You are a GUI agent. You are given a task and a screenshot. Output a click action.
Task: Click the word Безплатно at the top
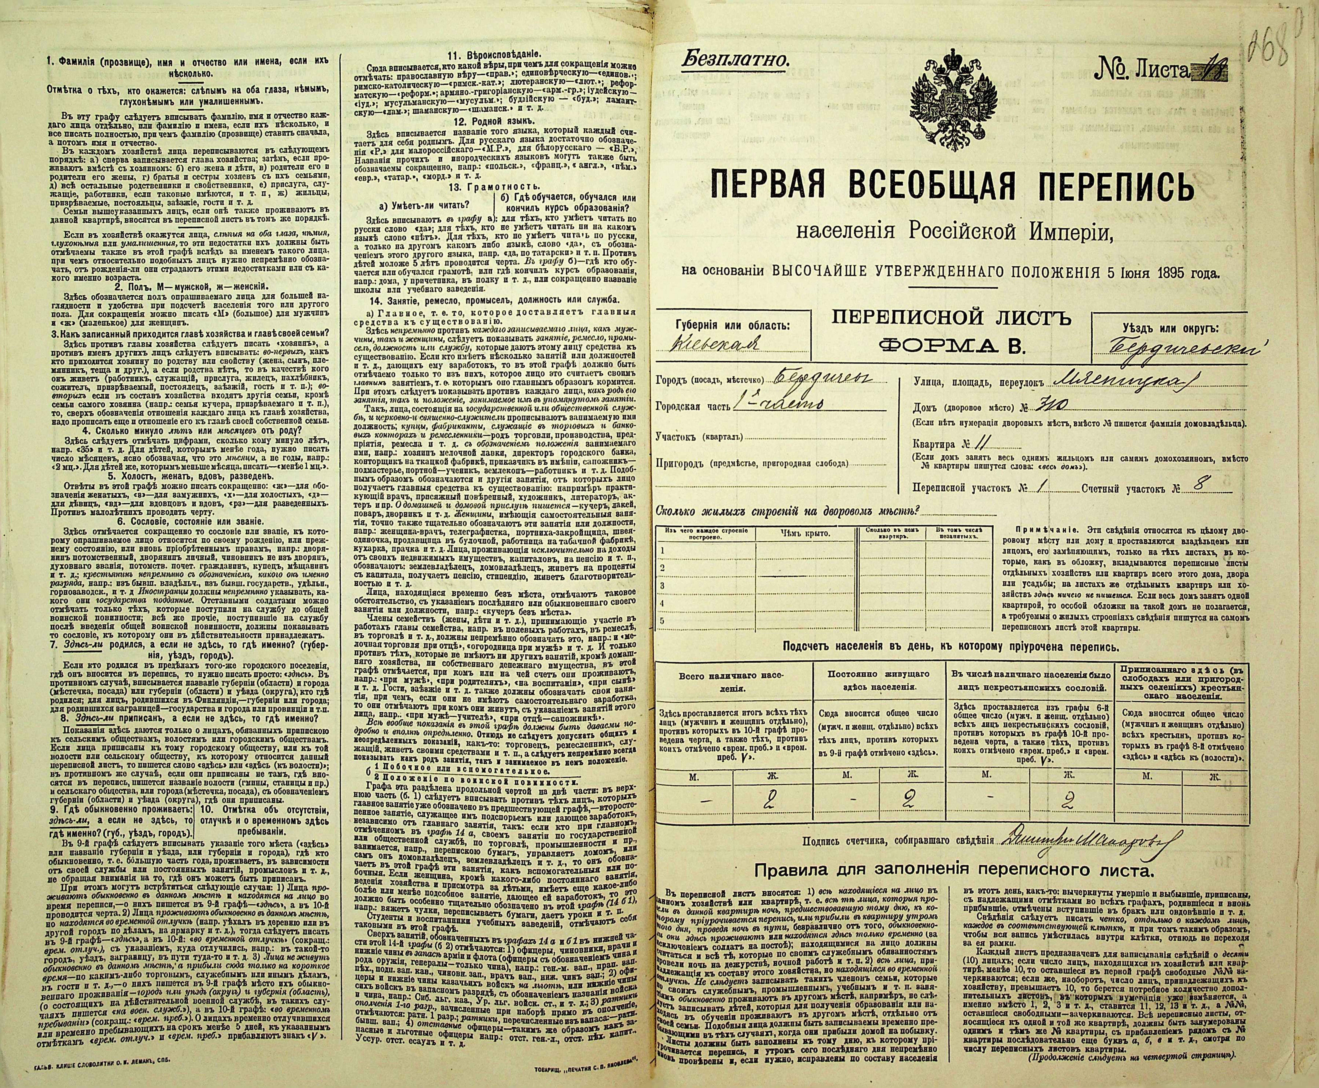coord(734,61)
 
